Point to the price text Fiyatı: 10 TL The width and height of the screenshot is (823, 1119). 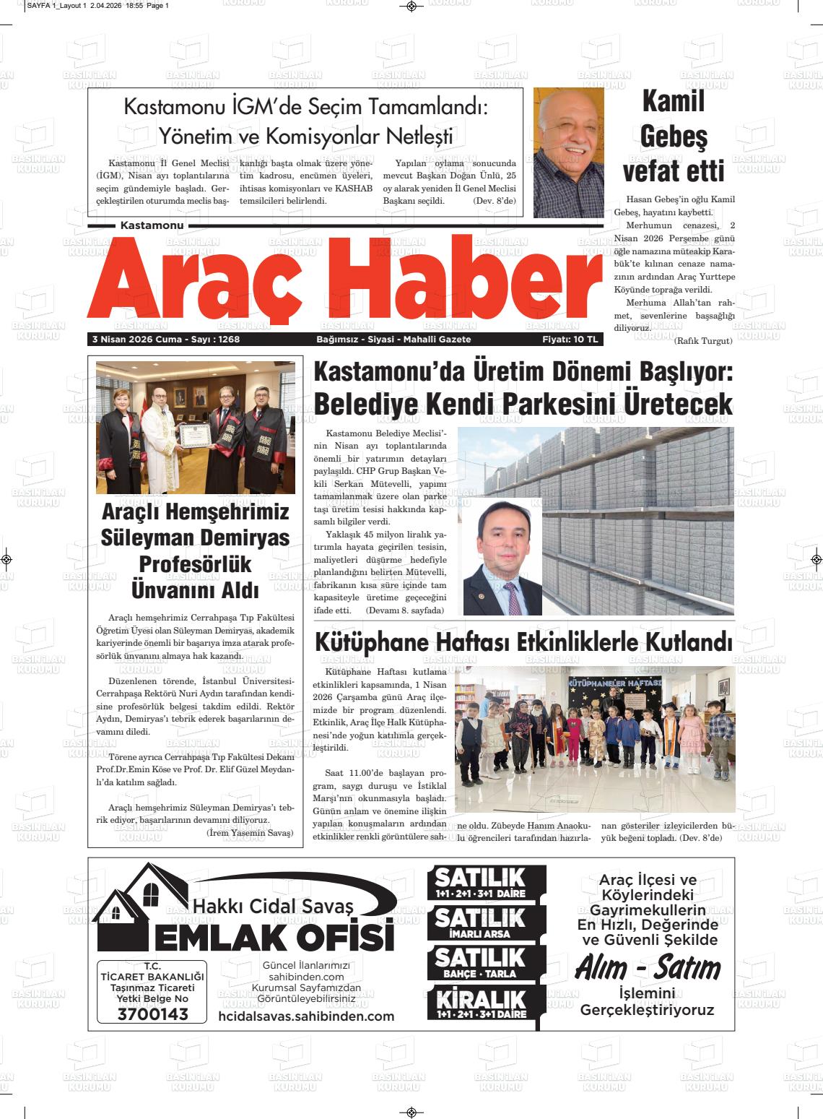(570, 340)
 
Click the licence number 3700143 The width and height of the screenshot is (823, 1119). (152, 1014)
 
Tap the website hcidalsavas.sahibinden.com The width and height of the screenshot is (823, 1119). (306, 1016)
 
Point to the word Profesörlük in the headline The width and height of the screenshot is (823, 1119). (195, 563)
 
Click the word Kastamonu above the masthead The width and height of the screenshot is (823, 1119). (152, 226)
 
